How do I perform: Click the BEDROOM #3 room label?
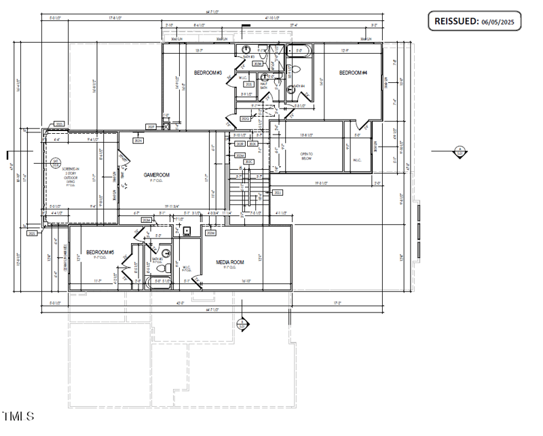208,73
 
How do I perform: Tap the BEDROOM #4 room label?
353,73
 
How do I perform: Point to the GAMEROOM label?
156,175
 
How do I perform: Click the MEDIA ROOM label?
230,262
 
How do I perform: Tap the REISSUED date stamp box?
474,21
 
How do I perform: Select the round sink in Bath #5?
165,253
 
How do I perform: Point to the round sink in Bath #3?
247,50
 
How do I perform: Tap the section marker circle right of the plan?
460,151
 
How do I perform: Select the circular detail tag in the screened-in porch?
56,162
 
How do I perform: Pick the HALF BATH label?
263,86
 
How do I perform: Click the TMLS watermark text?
18,416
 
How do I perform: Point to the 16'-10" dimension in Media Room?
246,280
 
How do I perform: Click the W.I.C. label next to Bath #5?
188,268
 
